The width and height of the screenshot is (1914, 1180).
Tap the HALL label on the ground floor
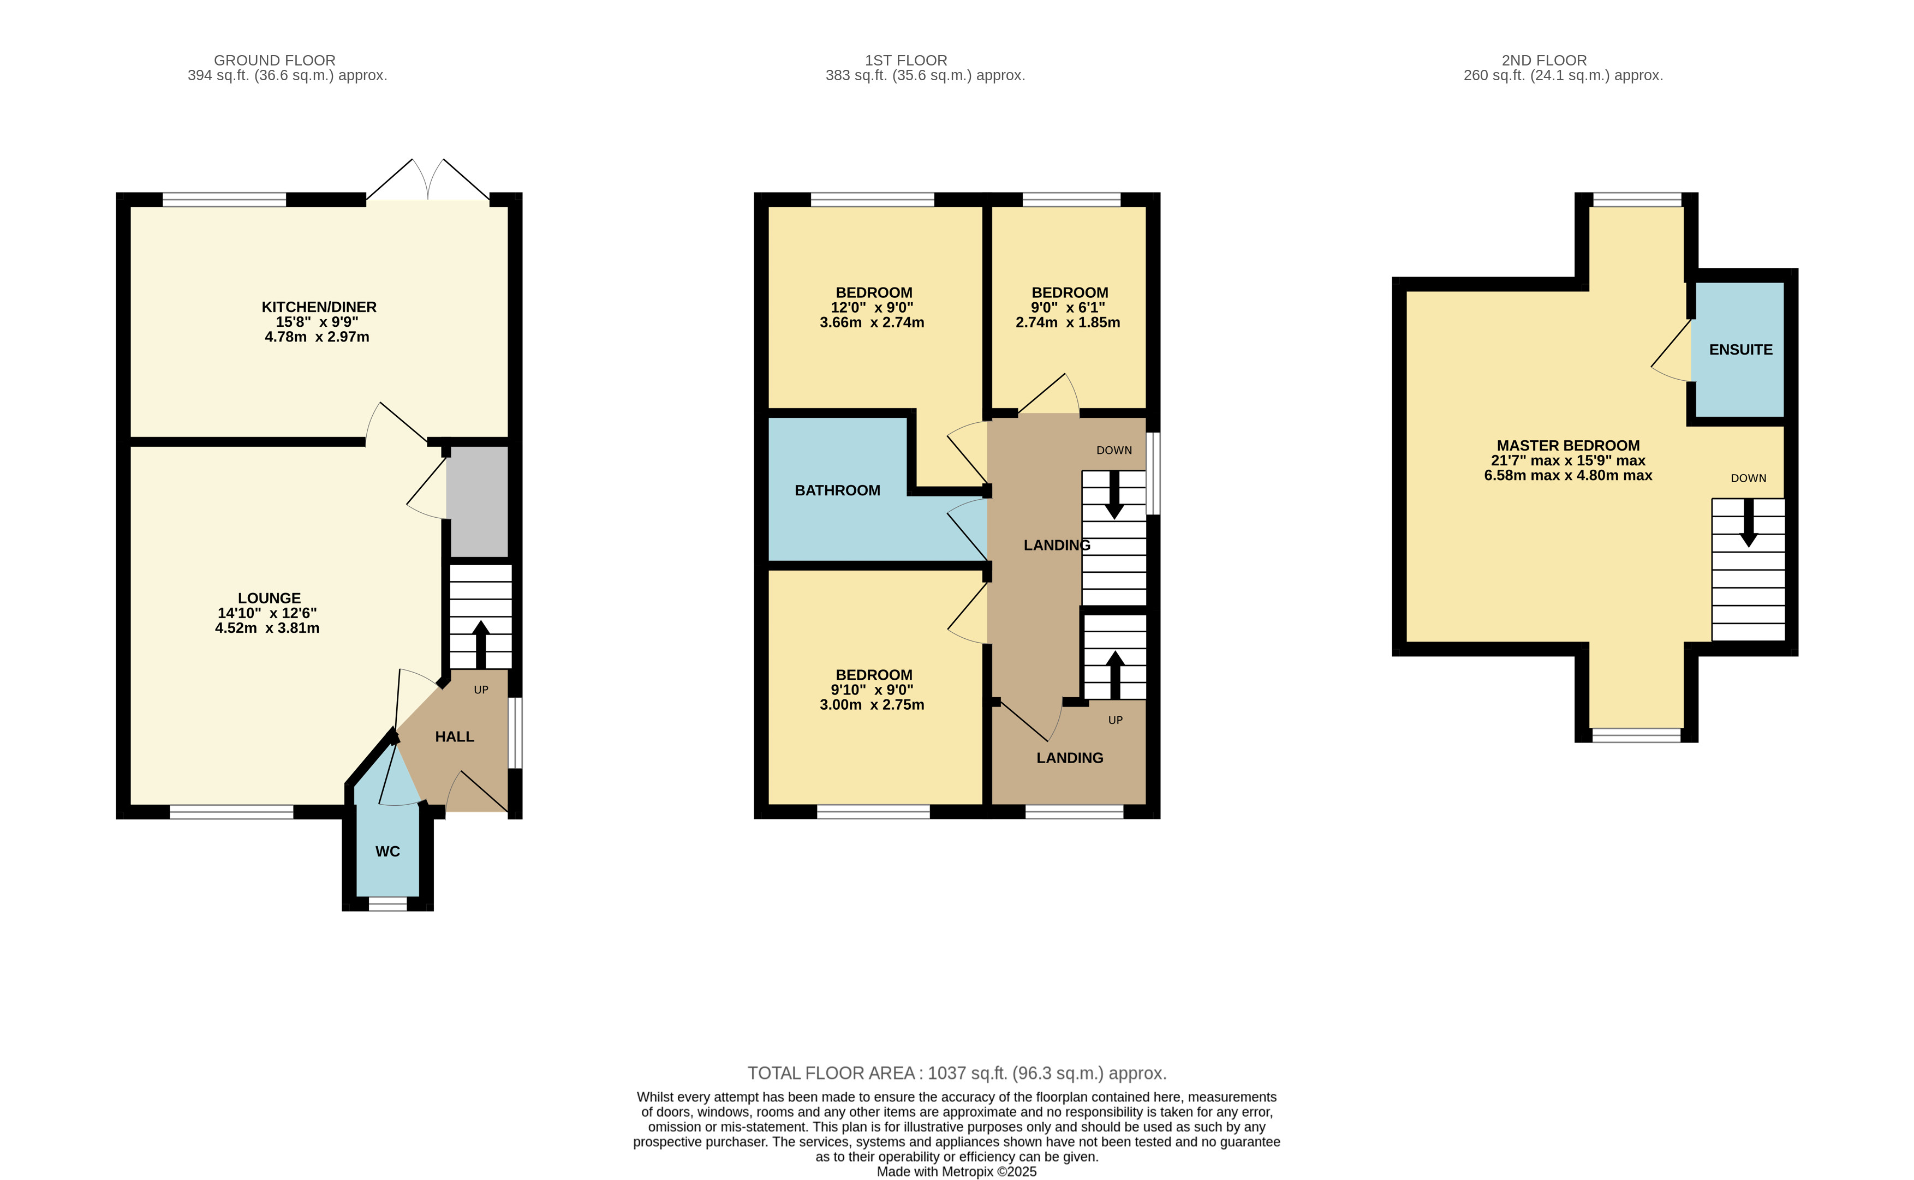point(454,736)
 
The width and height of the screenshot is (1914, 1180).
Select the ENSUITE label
point(1740,350)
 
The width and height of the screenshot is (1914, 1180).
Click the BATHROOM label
point(838,490)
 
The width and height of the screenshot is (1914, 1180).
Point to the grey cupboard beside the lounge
point(477,502)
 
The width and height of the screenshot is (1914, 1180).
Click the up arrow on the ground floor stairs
point(481,645)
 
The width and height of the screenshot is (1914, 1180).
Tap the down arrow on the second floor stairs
point(1749,523)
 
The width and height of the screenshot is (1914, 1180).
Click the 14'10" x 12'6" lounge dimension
point(267,613)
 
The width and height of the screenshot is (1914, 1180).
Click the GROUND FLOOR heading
point(275,60)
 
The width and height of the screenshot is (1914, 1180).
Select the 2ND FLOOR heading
point(1544,60)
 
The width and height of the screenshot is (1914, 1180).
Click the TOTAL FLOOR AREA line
point(957,1073)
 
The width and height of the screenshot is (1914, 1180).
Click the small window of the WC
point(388,904)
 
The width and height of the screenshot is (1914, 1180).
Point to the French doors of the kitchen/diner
point(428,179)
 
